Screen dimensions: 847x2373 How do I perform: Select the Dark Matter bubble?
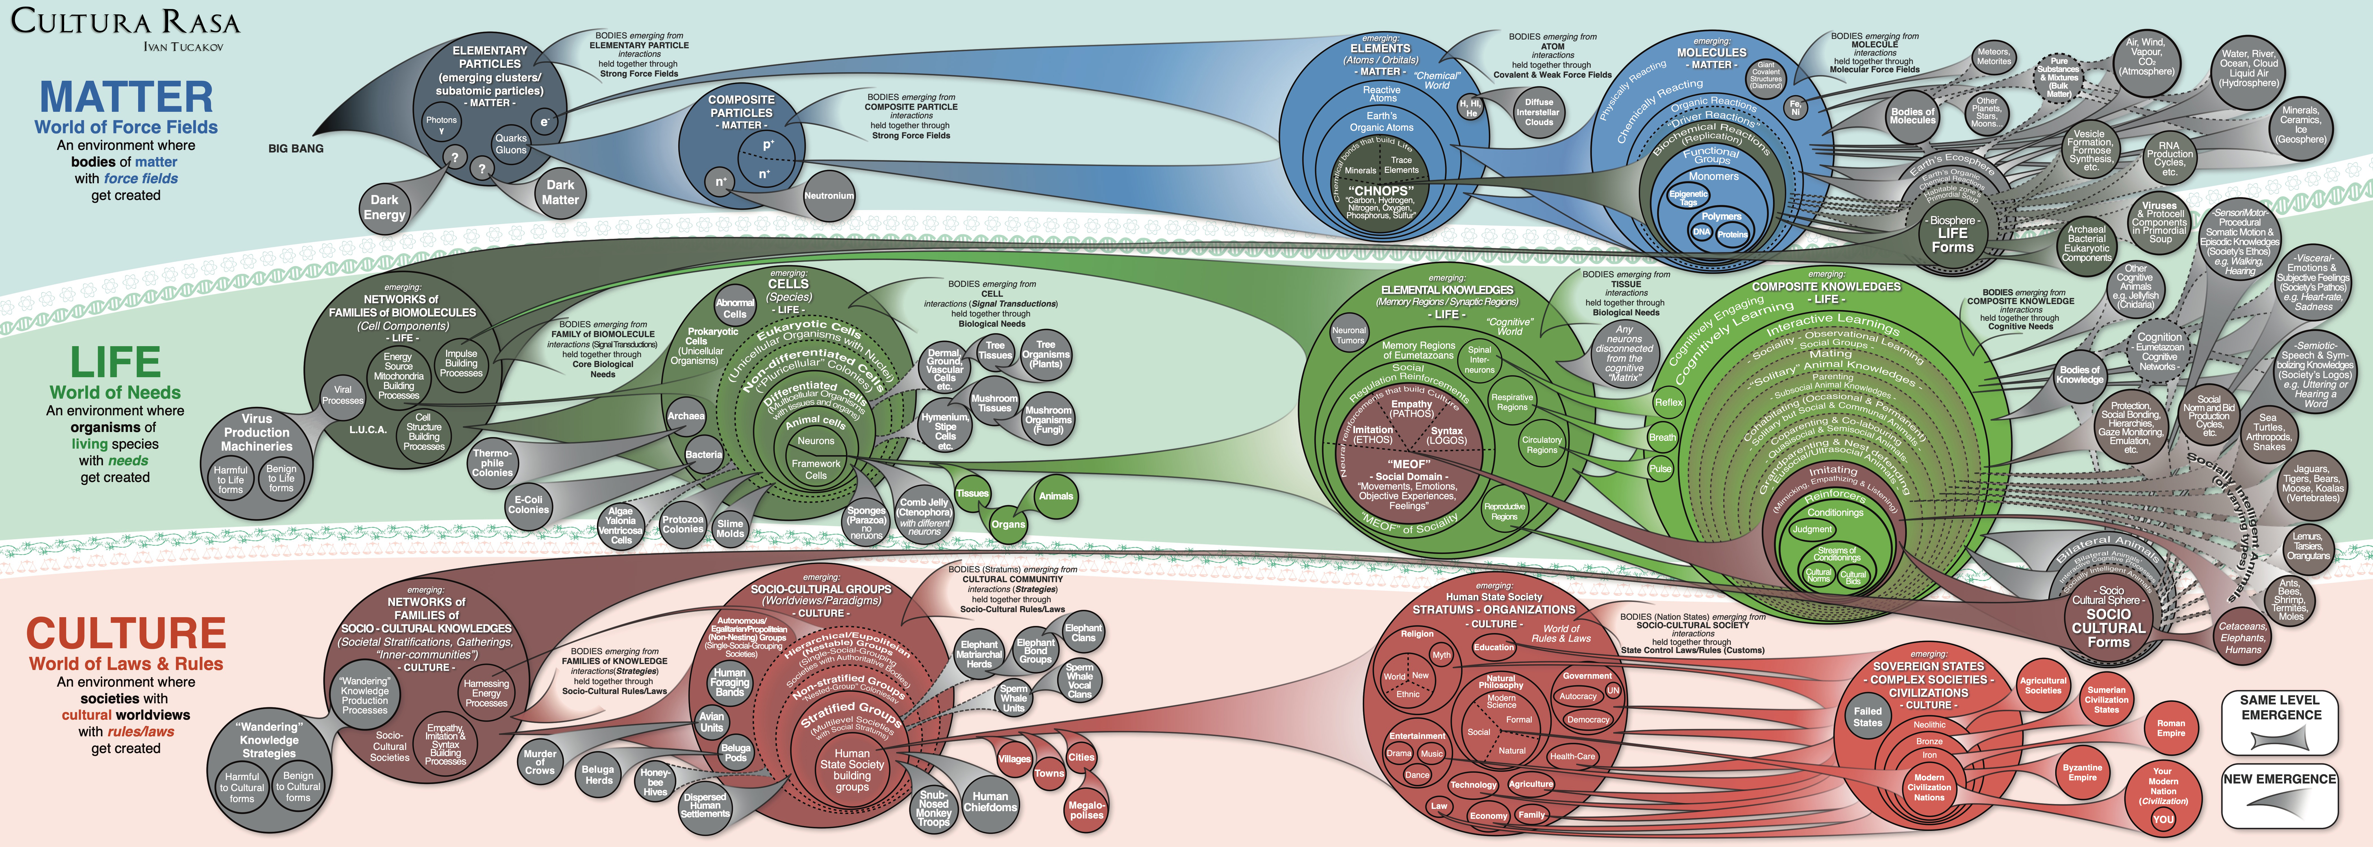(x=560, y=191)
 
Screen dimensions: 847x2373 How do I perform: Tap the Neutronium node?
(x=828, y=195)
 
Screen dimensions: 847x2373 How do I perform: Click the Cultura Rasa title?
(x=125, y=22)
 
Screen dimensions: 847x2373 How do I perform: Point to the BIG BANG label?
(x=296, y=148)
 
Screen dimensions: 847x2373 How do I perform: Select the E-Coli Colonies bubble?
(x=528, y=505)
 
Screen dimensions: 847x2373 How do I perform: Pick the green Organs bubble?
(x=1008, y=524)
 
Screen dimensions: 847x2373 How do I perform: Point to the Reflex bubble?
(x=1668, y=402)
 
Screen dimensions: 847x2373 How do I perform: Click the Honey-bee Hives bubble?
(x=655, y=781)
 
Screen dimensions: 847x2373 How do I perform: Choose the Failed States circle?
(x=1867, y=716)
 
